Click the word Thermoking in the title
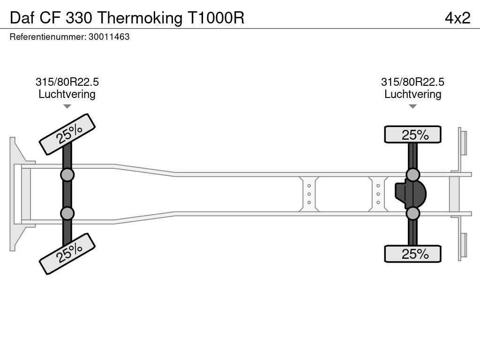point(140,18)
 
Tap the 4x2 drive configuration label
point(457,18)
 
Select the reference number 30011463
point(109,37)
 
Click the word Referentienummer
point(48,37)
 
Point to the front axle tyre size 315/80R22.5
point(67,82)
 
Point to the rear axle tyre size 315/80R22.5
point(412,82)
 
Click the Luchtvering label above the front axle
point(67,94)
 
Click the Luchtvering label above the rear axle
point(412,94)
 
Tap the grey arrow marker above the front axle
point(67,106)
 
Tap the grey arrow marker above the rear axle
point(412,106)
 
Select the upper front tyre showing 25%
point(67,135)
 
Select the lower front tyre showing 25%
point(67,254)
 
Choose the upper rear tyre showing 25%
point(412,135)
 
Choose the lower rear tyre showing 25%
point(412,254)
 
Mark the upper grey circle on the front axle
point(67,175)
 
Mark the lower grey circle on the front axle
point(67,213)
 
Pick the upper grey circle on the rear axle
point(413,175)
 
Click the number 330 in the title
point(79,18)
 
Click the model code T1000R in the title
point(216,18)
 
